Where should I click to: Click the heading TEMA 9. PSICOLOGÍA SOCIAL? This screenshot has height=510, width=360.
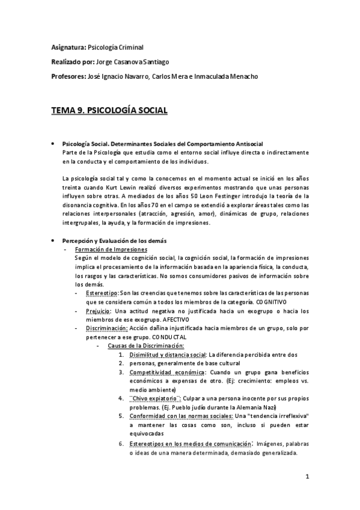coord(109,111)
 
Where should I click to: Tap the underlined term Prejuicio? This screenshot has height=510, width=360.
coord(98,311)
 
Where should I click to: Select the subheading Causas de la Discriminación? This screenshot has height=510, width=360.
coord(145,346)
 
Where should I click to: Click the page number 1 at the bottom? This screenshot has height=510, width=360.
coord(307,478)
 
